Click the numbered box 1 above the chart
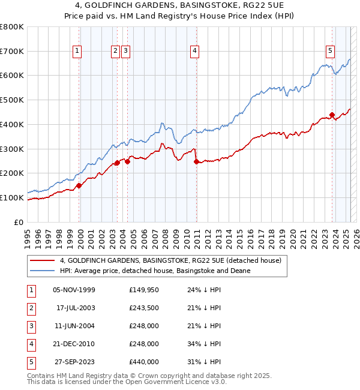(77, 52)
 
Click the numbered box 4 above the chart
(195, 52)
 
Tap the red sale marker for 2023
(332, 115)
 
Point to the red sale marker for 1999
(79, 185)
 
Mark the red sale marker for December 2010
(196, 161)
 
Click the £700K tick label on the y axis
(12, 51)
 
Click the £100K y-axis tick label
(12, 197)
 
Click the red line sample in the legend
(42, 260)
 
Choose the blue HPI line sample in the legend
(42, 271)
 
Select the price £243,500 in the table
(144, 308)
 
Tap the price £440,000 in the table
(144, 362)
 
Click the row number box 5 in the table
(31, 362)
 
